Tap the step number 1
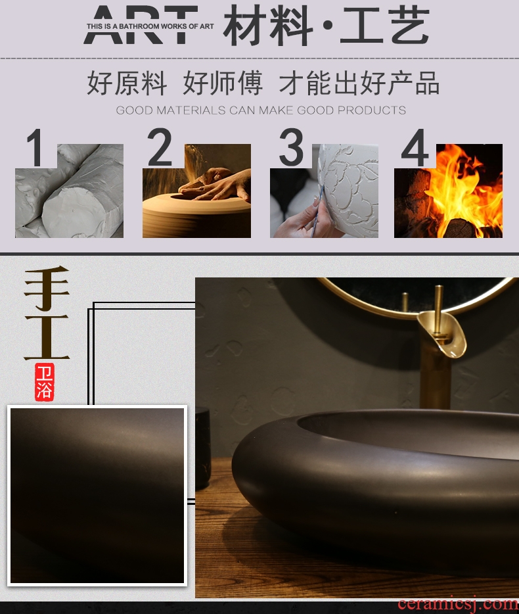click(35, 148)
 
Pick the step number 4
click(415, 148)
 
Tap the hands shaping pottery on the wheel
click(216, 185)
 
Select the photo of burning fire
click(448, 191)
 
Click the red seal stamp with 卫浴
click(44, 382)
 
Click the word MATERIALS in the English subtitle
click(191, 110)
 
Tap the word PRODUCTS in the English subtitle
click(371, 110)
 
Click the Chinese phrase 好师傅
click(222, 83)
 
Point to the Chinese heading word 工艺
click(385, 26)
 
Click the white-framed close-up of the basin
click(97, 496)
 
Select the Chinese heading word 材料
click(268, 26)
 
